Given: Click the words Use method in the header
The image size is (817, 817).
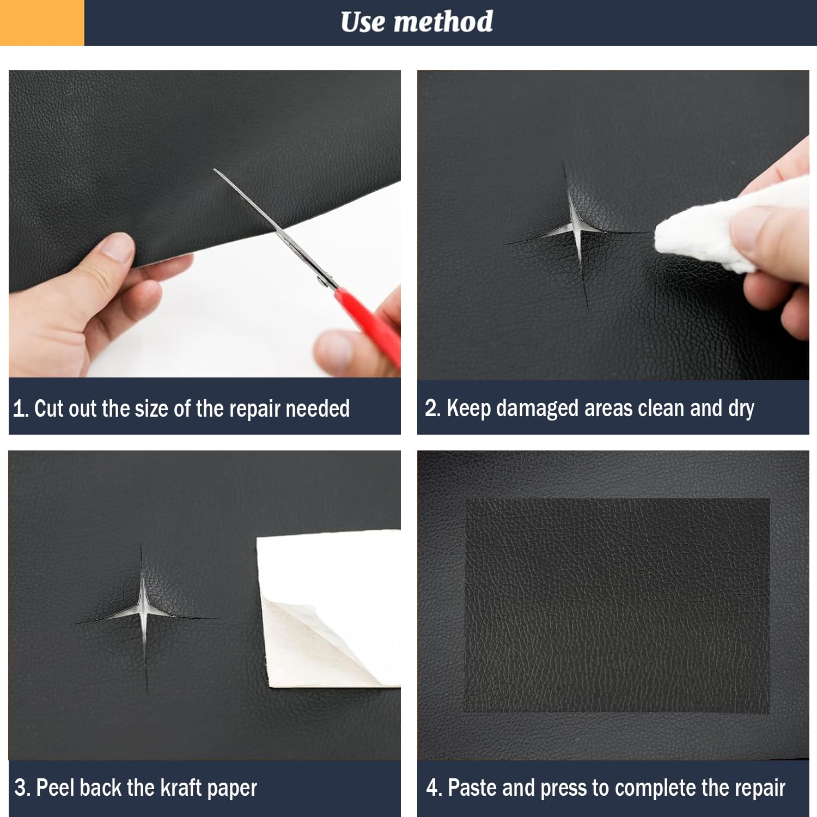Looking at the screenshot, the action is (417, 22).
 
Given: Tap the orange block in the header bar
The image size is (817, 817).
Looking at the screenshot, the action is (42, 22).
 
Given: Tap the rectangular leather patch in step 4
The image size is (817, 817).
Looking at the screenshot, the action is (617, 606).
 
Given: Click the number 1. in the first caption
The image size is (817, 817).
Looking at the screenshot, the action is (21, 408).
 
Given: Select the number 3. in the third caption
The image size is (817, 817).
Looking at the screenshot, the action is (22, 788).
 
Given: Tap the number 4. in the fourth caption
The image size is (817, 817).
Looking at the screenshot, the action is (434, 788).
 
